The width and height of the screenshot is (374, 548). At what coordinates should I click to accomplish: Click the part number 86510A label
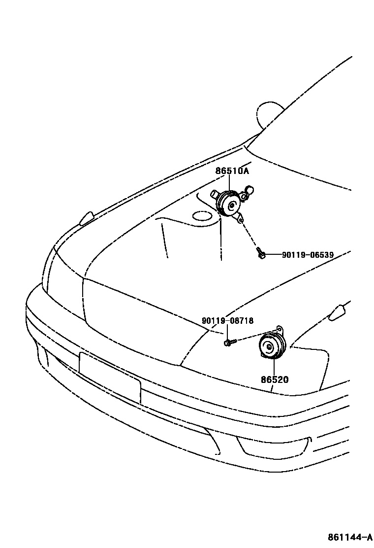(232, 171)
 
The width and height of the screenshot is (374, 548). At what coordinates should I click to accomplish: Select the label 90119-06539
(308, 255)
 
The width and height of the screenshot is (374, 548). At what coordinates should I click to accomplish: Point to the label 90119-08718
(227, 321)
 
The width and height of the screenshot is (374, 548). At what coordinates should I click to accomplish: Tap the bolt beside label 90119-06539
(261, 254)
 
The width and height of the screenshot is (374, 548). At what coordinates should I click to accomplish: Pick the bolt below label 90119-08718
(229, 341)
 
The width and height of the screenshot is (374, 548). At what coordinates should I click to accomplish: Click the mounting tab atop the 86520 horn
(280, 329)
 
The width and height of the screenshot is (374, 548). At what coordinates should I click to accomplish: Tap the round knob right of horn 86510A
(249, 189)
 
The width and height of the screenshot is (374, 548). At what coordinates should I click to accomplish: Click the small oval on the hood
(201, 216)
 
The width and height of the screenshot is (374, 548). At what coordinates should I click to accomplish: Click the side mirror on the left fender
(87, 218)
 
